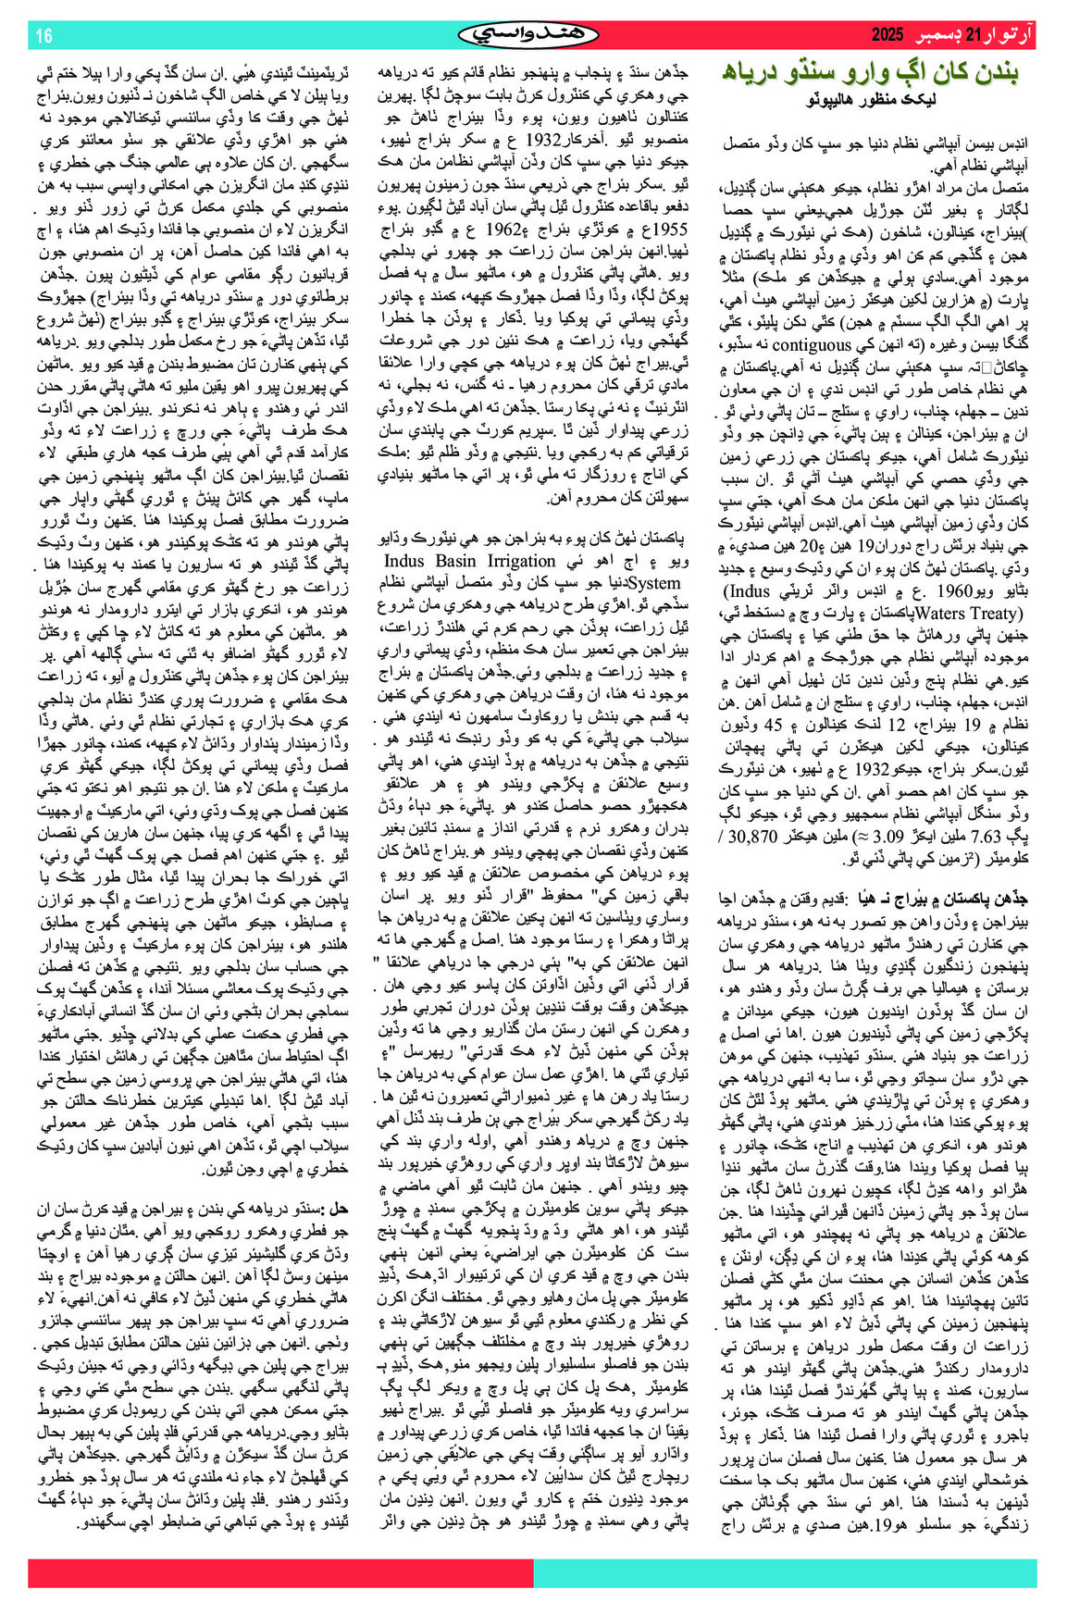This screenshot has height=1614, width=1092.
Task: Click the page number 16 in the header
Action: click(x=43, y=36)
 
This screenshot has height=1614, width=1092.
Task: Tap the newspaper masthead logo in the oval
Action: click(x=528, y=35)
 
